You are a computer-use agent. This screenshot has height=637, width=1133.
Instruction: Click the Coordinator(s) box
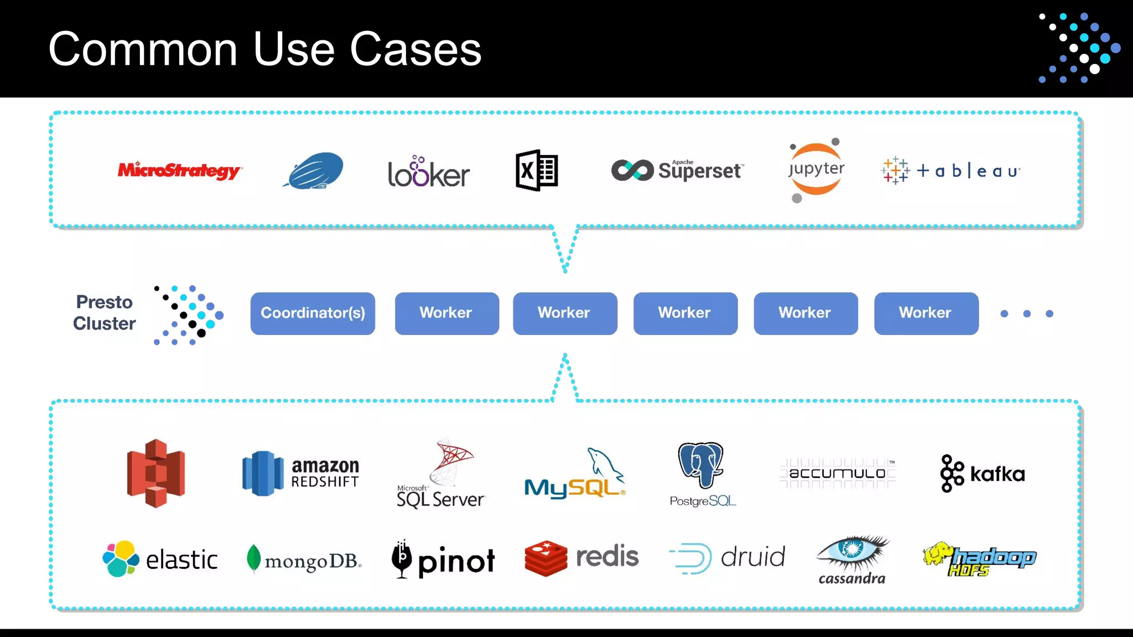(313, 314)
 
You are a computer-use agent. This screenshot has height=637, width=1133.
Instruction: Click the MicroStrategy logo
(179, 170)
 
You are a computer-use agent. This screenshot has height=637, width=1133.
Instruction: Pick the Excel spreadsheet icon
(537, 170)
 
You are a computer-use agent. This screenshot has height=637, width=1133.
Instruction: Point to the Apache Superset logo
(678, 170)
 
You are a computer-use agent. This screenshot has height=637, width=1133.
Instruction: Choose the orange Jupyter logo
(817, 169)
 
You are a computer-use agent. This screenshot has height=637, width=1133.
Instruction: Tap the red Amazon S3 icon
(156, 473)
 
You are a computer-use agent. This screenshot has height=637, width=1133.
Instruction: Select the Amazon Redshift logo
(301, 473)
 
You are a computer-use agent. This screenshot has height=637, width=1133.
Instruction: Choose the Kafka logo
(983, 474)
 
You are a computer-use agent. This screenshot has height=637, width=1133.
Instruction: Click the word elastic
(181, 560)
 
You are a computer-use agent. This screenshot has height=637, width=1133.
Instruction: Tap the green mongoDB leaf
(253, 558)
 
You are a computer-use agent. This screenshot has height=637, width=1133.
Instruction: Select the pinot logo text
(456, 562)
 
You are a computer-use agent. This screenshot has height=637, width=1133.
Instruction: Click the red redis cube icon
(545, 558)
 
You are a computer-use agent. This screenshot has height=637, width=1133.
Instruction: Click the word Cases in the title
(415, 50)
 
